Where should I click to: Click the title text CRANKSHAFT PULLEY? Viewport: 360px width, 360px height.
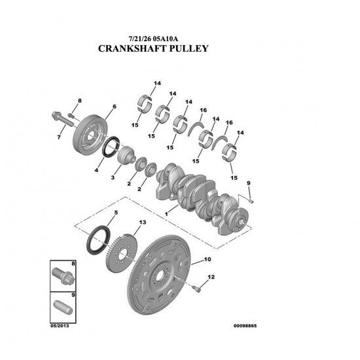click(x=153, y=48)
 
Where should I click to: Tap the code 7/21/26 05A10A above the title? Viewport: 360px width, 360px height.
click(x=153, y=39)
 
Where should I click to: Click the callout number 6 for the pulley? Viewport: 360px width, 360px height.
click(x=114, y=106)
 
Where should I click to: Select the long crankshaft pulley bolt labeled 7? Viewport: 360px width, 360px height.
click(x=63, y=120)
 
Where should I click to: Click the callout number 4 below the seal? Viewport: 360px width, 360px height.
click(x=96, y=170)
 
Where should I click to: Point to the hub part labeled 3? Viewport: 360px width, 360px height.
click(x=126, y=156)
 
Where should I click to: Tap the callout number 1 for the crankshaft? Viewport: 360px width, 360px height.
click(x=166, y=214)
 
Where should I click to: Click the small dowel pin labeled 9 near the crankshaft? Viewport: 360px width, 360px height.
click(x=251, y=202)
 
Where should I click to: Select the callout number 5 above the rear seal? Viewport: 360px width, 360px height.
click(x=116, y=213)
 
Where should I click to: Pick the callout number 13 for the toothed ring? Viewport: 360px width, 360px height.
click(x=142, y=223)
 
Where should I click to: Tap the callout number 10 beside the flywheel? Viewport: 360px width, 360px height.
click(x=207, y=259)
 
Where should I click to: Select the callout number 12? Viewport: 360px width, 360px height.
click(x=211, y=277)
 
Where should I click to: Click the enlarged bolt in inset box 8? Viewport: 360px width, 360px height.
click(x=62, y=276)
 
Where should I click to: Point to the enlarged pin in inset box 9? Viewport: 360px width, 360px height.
click(x=63, y=308)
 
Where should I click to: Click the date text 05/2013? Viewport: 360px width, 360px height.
click(x=60, y=326)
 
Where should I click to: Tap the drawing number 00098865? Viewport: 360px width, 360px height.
click(x=245, y=326)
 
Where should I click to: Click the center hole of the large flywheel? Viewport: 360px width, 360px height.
click(x=160, y=275)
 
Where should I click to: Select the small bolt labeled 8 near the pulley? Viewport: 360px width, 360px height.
click(x=71, y=115)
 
